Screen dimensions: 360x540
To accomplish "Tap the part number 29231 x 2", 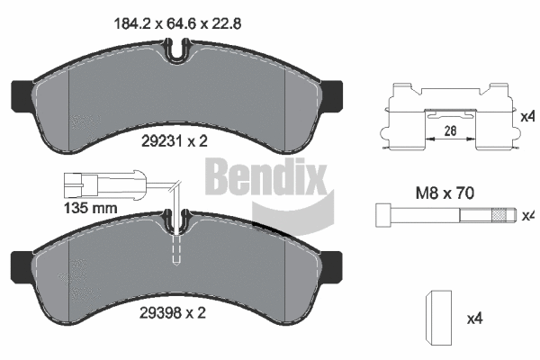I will tap(176, 140).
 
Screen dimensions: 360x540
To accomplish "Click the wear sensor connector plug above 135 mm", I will tap(80, 187).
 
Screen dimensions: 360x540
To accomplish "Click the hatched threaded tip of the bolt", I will tap(501, 216).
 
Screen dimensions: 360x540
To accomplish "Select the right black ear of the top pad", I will tap(335, 91).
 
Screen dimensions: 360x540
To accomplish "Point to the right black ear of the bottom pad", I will tap(335, 264).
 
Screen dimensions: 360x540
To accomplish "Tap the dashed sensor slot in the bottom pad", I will tap(177, 245).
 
